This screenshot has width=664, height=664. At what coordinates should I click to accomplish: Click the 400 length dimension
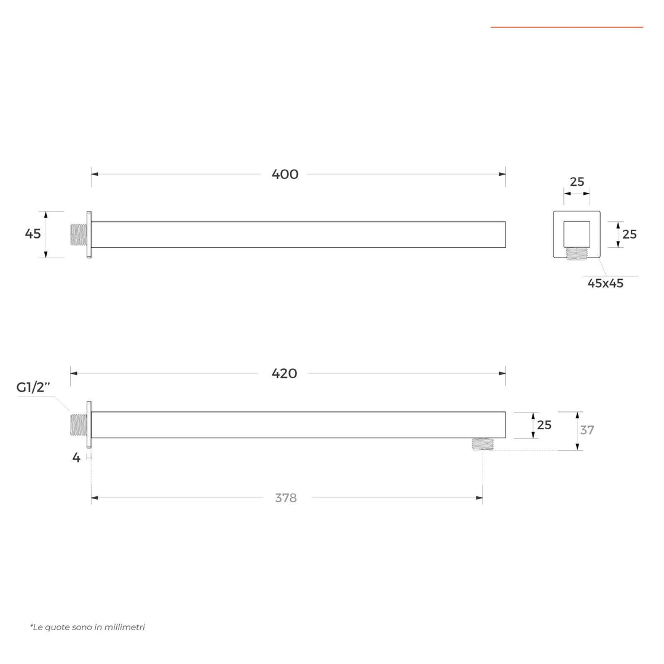coord(285,174)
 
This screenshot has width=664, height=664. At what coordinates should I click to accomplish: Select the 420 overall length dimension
coord(284,374)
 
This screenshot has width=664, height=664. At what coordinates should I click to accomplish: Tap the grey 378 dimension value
coord(286,498)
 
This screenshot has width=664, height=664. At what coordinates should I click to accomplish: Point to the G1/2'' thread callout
coord(33,387)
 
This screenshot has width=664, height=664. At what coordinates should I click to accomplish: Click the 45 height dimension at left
coord(33,234)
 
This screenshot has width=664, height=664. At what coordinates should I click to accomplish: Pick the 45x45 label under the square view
coord(606,283)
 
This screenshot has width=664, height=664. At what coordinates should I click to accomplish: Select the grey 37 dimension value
coord(587,430)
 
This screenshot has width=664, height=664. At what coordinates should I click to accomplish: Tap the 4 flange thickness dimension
coord(76,458)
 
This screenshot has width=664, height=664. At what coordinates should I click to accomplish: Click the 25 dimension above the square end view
coord(577,181)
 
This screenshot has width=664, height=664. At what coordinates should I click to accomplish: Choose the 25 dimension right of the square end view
coord(630,234)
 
